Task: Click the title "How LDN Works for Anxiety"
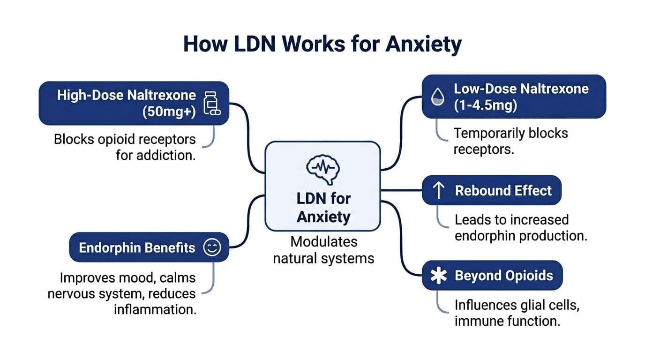(x=322, y=44)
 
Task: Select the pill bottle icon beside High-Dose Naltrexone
(x=211, y=103)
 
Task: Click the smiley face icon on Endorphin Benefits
(x=212, y=247)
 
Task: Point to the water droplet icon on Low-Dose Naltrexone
(x=437, y=97)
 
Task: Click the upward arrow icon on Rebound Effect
(x=438, y=191)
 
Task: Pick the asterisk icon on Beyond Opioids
(x=438, y=276)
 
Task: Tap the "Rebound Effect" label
(x=503, y=191)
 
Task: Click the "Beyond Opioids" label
(x=504, y=276)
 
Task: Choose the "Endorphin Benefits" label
(x=137, y=247)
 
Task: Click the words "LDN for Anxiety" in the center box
(x=323, y=208)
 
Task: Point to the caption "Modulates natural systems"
(x=323, y=250)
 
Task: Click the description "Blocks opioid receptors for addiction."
(x=125, y=147)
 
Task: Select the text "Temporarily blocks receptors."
(x=510, y=141)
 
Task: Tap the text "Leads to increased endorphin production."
(x=520, y=227)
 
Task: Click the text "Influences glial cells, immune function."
(x=517, y=313)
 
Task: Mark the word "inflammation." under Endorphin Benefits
(x=155, y=310)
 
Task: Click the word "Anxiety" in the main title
(x=423, y=44)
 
